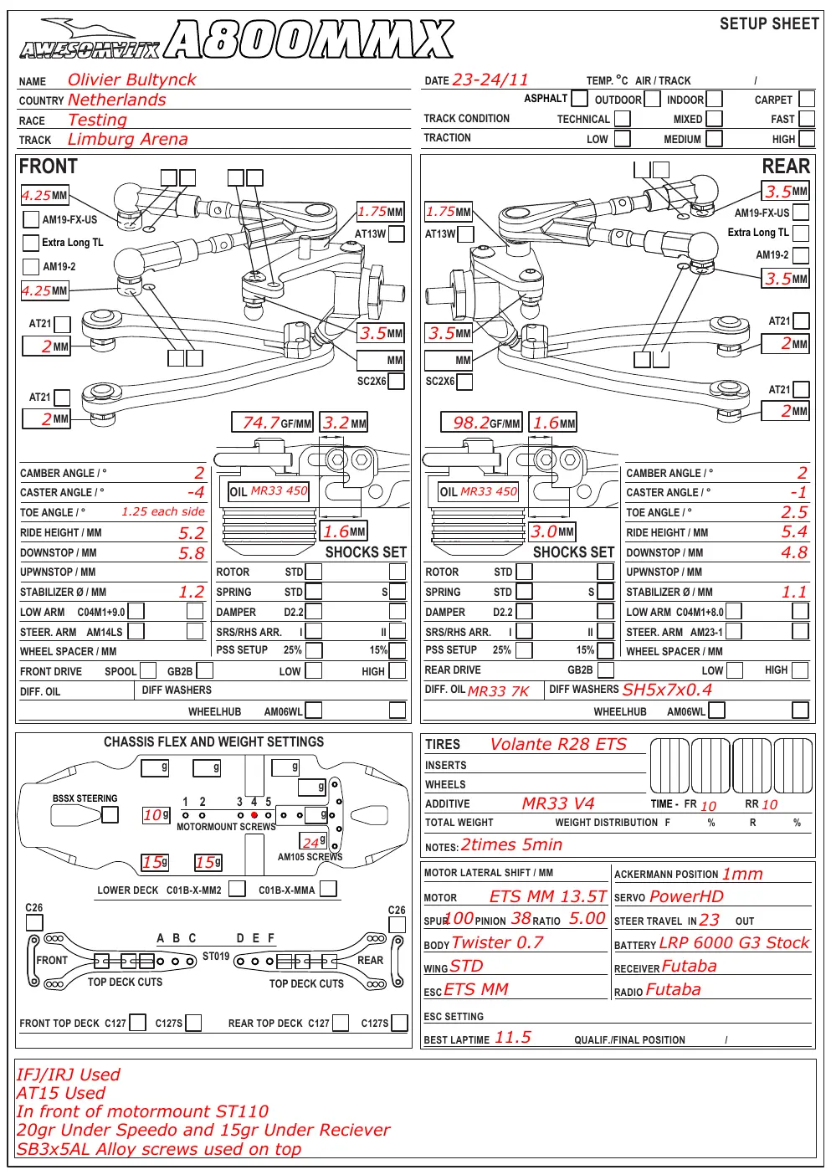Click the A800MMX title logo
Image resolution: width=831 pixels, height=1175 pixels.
coord(310,38)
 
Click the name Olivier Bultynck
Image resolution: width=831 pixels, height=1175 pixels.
coord(131,80)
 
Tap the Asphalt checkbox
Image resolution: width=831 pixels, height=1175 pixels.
coord(579,98)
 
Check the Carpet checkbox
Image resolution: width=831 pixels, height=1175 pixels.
coord(807,99)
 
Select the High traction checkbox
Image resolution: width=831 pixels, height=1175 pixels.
coord(807,138)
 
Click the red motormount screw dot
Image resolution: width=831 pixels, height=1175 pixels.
coord(254,814)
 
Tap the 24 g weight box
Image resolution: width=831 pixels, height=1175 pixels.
coord(313,842)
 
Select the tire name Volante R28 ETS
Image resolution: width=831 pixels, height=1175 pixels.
coord(558,744)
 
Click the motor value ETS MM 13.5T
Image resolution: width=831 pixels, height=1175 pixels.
coord(547,896)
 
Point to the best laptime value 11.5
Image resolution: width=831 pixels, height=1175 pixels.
coord(512,1037)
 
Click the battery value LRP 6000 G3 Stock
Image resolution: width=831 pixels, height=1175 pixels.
coord(734,942)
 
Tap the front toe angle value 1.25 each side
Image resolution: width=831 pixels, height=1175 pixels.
coord(163,511)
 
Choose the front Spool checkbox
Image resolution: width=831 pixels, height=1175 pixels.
coord(148,670)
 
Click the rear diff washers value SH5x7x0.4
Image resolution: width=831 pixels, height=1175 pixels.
coord(667,690)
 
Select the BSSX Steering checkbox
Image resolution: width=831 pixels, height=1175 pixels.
coord(110,814)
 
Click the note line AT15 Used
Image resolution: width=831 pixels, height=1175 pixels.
coord(61,1093)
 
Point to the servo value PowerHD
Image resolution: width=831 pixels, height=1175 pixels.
coord(686,896)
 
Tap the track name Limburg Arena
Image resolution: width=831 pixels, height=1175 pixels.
coord(127,139)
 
